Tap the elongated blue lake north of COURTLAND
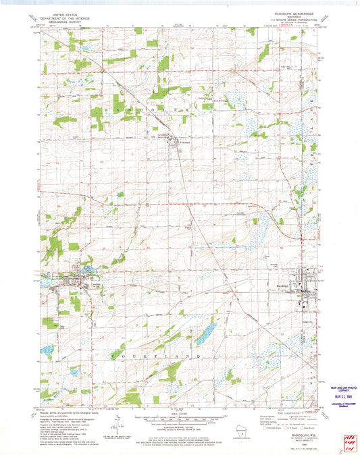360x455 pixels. click(206, 331)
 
